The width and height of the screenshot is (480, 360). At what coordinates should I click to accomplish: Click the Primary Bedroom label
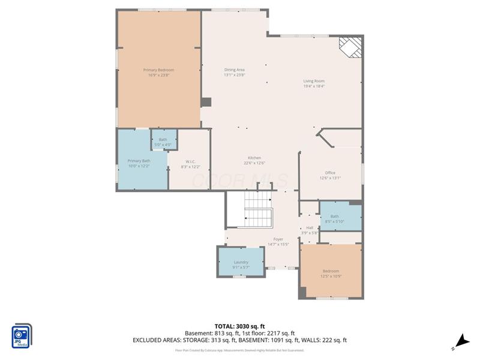[158, 70]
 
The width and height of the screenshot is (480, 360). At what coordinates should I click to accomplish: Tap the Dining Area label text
[234, 70]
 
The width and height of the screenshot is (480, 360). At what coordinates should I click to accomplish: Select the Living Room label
[313, 81]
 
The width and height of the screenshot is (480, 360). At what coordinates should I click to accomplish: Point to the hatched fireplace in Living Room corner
[352, 47]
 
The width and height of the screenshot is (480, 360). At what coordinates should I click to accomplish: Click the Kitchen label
[254, 158]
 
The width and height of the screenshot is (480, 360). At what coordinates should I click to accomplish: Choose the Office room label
[330, 173]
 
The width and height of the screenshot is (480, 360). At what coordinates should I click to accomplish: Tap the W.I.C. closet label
[190, 161]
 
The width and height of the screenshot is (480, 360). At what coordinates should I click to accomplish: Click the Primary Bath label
[139, 161]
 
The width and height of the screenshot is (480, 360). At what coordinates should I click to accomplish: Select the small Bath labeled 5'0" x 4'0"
[163, 139]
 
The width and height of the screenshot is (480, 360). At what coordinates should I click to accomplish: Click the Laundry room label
[241, 262]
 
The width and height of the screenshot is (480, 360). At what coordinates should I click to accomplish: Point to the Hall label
[310, 227]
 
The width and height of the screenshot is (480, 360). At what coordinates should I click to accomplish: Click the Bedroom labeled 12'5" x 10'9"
[331, 271]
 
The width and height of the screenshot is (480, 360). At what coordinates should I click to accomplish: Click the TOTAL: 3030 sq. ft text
[240, 326]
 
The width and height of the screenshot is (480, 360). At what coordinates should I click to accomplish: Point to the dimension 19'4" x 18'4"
[313, 86]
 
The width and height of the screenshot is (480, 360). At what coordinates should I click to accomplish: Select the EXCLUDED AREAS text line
[240, 340]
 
